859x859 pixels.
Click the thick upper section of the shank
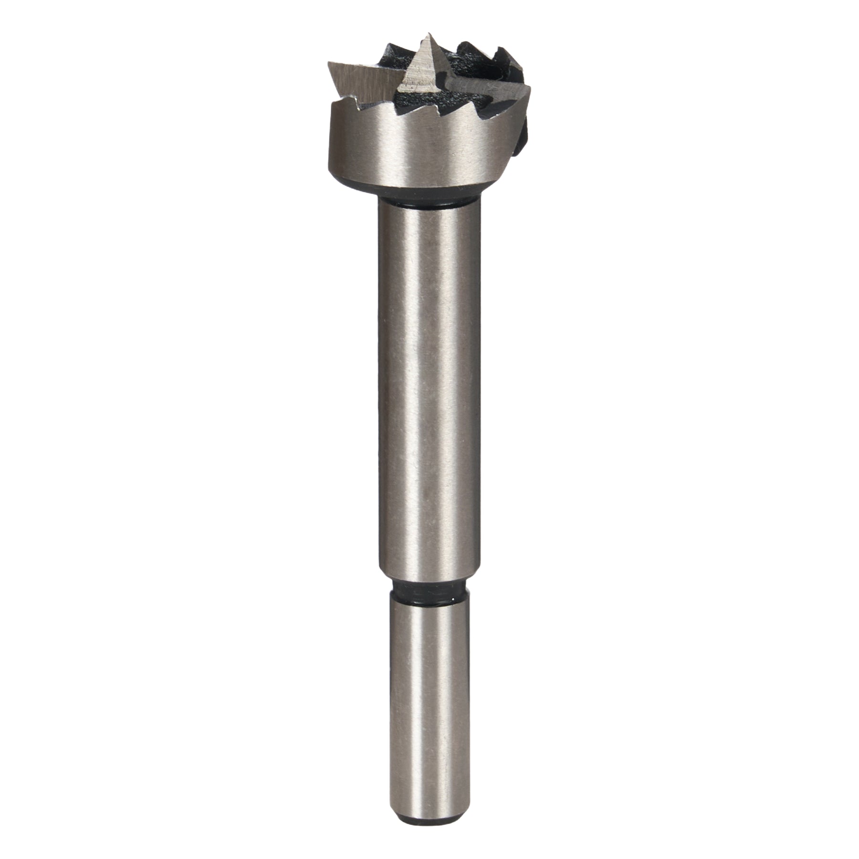(427, 382)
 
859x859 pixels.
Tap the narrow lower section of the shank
(426, 692)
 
